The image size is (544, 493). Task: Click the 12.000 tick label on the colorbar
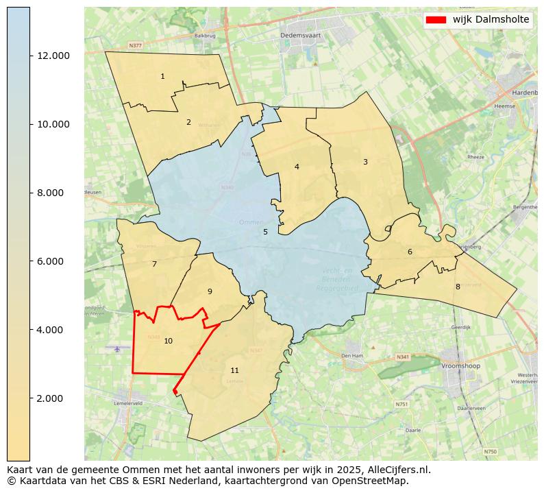click(x=53, y=56)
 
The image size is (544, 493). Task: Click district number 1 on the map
click(x=162, y=76)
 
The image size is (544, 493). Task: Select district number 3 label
click(x=365, y=162)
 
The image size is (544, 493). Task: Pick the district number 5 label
click(x=265, y=232)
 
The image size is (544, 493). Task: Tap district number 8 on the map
click(x=458, y=287)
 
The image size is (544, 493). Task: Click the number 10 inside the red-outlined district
click(x=168, y=341)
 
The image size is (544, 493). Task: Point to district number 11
click(x=235, y=370)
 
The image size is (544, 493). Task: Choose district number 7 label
click(x=154, y=264)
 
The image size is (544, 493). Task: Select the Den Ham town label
click(x=352, y=355)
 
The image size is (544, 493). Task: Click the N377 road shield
click(x=135, y=46)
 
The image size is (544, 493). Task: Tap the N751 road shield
click(x=401, y=404)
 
